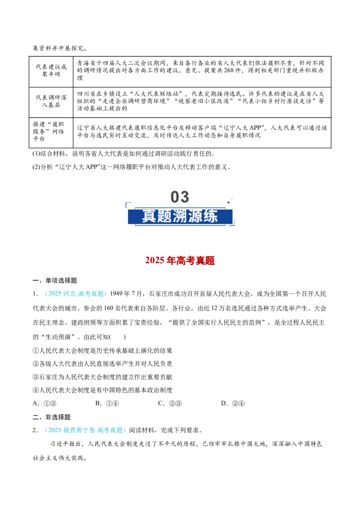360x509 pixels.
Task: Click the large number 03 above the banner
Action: tap(180, 197)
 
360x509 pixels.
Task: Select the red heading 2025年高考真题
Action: tap(180, 261)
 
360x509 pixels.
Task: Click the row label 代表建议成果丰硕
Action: tap(51, 71)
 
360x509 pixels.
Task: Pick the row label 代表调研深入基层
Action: tap(51, 101)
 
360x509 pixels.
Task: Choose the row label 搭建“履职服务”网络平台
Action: tap(49, 131)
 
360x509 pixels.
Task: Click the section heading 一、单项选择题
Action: tap(54, 281)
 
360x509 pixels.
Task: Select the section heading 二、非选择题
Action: tap(51, 417)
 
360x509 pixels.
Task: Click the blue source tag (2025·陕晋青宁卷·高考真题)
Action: tap(85, 430)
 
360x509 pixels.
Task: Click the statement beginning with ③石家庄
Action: tap(102, 377)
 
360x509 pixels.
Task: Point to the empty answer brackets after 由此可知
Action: tap(118, 337)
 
